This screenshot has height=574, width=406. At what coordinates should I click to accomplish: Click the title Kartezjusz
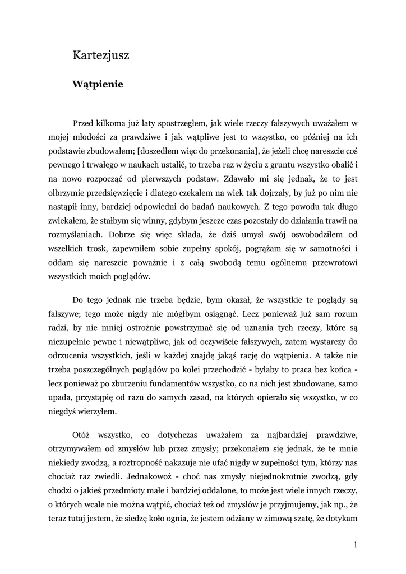pos(101,55)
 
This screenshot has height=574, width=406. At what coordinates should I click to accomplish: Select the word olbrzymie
pos(68,195)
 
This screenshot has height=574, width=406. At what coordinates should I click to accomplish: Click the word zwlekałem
pos(70,224)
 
